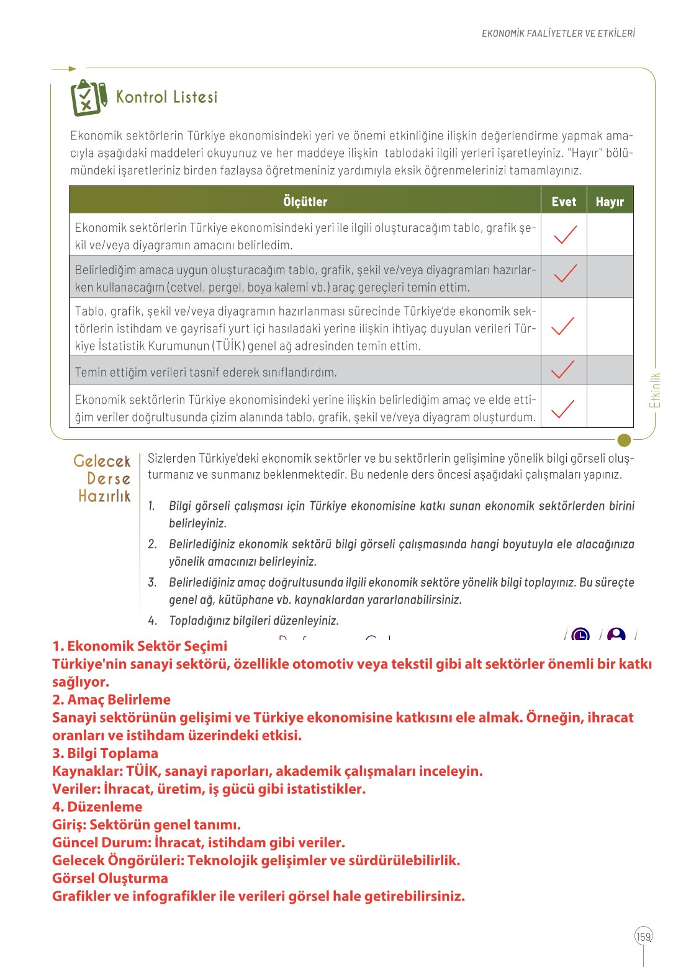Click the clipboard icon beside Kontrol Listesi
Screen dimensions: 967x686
point(88,98)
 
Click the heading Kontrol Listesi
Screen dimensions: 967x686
point(167,97)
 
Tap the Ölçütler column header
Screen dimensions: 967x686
point(305,201)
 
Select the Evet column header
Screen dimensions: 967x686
point(564,201)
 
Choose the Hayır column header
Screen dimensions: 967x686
point(610,201)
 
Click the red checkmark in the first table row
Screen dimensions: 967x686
point(564,234)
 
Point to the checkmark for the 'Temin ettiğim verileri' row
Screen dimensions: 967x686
point(562,370)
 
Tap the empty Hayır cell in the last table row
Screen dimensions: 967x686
point(610,407)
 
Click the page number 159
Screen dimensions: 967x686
point(644,937)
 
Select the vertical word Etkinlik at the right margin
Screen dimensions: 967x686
point(655,390)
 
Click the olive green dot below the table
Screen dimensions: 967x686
point(625,440)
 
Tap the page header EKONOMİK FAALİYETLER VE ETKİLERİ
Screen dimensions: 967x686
point(558,33)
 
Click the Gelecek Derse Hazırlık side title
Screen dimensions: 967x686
point(103,478)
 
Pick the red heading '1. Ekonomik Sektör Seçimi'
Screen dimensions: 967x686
point(140,646)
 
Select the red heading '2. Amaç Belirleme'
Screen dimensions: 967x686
point(111,700)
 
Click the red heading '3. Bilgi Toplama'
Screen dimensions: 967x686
point(105,753)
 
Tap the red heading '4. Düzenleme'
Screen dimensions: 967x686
point(97,806)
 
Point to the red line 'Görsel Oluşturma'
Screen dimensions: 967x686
point(110,878)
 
